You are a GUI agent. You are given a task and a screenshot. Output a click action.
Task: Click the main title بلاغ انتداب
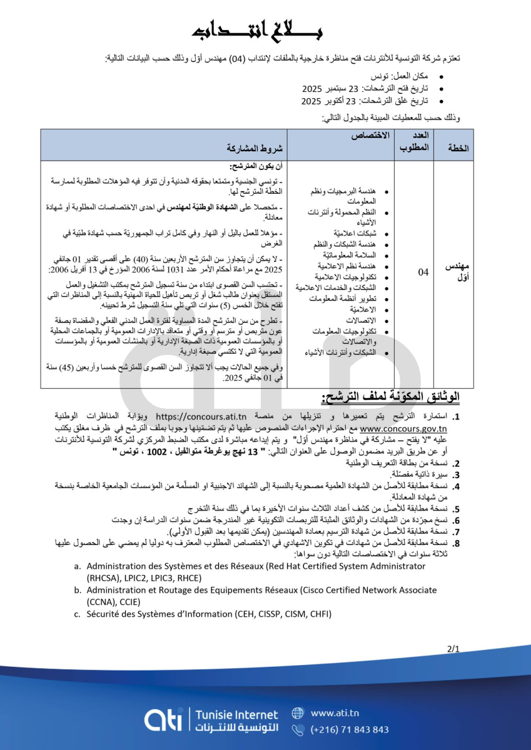(x=265, y=31)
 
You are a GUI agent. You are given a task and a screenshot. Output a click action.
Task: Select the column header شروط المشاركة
(x=255, y=149)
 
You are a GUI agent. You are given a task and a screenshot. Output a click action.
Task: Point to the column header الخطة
(x=457, y=149)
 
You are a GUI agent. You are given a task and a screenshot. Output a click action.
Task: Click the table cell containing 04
(x=423, y=272)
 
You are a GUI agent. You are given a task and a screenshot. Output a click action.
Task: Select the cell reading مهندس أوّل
(x=456, y=272)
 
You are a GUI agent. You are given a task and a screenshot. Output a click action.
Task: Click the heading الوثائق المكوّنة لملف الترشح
(x=391, y=397)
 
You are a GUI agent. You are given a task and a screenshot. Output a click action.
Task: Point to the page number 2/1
(x=453, y=649)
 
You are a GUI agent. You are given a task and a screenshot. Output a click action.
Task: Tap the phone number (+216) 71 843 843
(x=350, y=729)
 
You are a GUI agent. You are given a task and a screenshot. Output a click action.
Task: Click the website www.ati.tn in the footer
(x=335, y=713)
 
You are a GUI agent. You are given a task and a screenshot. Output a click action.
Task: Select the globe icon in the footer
(x=298, y=713)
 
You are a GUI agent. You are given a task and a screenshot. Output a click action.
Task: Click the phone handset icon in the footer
(x=298, y=729)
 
